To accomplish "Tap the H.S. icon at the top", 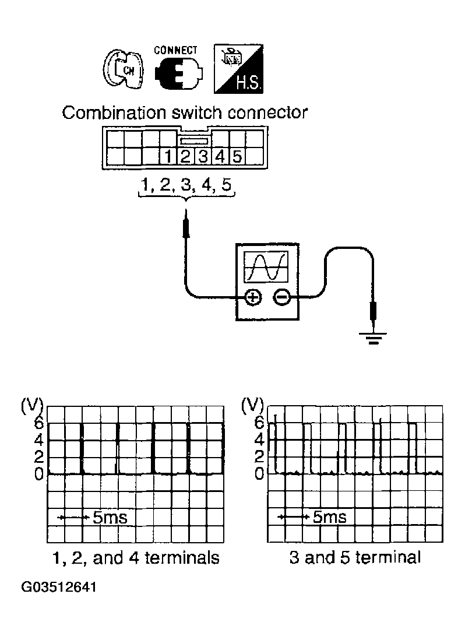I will tap(239, 70).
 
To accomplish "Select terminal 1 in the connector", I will tap(168, 156).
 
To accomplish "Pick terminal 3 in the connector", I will tap(203, 156).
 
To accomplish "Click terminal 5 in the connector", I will tap(237, 156).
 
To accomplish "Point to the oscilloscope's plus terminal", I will tap(252, 297).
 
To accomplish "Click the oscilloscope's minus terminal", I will tap(281, 297).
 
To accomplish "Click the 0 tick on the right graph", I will tap(259, 473).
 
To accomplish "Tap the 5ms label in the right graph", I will tap(329, 516).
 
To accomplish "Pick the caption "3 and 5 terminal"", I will tap(355, 558).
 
